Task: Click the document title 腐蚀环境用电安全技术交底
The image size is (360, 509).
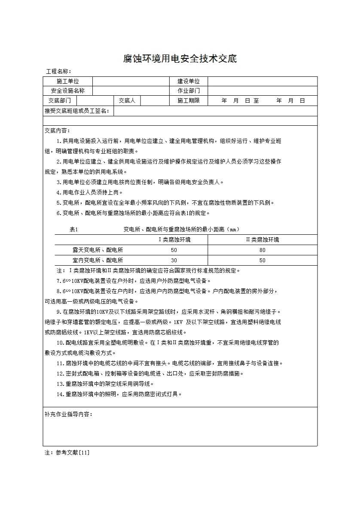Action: coord(180,59)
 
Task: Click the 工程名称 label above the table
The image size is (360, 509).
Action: coord(58,71)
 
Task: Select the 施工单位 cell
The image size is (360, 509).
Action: coord(67,81)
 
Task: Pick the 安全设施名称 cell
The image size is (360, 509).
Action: coord(67,91)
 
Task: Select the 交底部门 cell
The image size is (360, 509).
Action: coord(60,101)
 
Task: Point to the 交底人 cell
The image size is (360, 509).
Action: coord(127,101)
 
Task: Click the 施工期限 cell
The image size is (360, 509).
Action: coord(189,101)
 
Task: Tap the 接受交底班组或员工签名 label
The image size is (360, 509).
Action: coord(77,111)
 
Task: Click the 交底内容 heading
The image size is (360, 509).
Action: coord(57,130)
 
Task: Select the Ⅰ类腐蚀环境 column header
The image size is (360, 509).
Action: coord(174,239)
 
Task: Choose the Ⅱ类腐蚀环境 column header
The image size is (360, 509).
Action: coord(262,239)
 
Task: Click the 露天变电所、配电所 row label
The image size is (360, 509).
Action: coord(98,250)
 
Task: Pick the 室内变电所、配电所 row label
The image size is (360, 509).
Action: coord(98,260)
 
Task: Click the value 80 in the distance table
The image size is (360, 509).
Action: coord(262,250)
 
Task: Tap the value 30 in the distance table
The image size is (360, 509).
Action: coord(174,260)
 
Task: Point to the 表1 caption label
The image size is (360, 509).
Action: coord(73,229)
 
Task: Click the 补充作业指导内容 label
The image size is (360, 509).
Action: coord(68,415)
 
